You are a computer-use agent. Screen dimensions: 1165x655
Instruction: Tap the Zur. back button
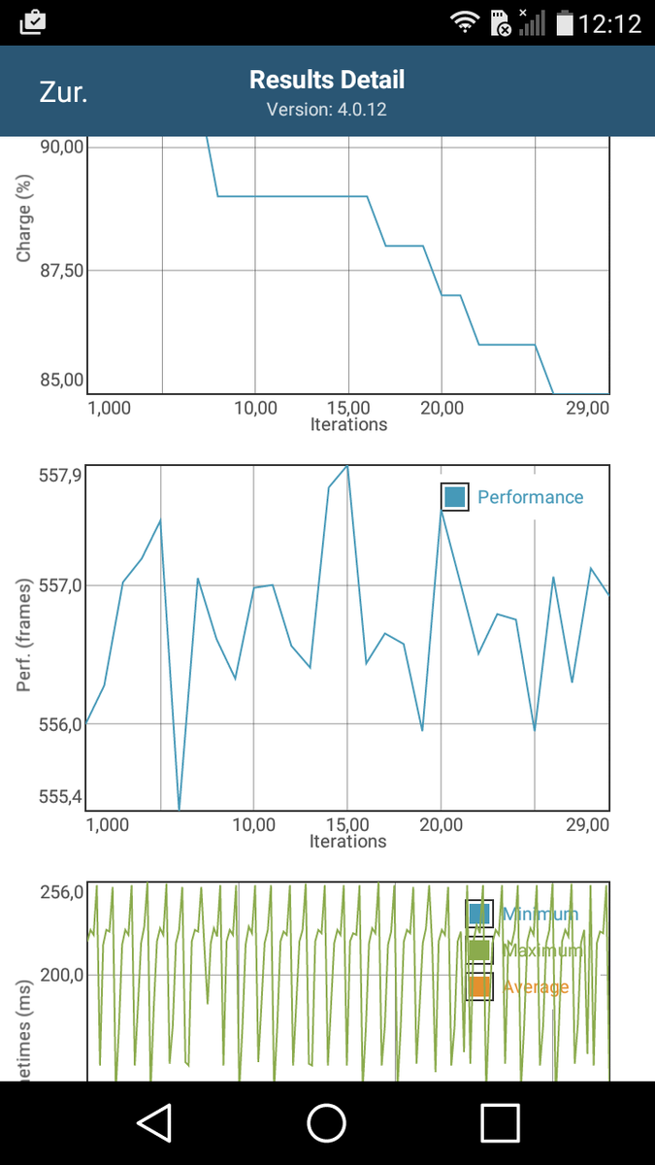63,92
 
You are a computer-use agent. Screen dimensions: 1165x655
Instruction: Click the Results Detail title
327,80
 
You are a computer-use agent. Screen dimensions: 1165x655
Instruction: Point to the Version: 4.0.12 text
327,110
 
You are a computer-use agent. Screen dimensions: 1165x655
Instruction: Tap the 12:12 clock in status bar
609,23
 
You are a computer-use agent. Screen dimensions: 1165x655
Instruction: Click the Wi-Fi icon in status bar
466,21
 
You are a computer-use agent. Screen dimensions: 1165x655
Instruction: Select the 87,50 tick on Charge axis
61,270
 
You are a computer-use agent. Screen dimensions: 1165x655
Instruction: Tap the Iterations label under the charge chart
348,424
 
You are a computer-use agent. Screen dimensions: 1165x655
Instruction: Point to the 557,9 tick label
61,475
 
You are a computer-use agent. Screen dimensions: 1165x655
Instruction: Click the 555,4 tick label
61,797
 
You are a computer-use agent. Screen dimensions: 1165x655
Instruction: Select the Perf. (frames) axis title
25,636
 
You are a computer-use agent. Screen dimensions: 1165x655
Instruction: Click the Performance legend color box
454,497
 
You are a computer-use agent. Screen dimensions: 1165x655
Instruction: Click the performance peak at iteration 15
346,466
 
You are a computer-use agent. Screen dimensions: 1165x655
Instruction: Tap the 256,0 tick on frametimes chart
61,892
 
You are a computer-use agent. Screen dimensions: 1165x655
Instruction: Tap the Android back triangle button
154,1123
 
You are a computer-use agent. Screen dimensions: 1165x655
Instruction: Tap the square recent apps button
500,1123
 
